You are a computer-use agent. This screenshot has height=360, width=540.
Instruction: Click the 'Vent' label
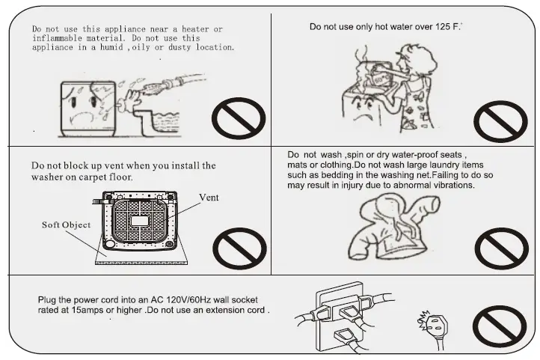[209, 198]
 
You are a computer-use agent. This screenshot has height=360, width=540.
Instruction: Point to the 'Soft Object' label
[66, 225]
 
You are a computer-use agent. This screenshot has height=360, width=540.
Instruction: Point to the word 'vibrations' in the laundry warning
[450, 185]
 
